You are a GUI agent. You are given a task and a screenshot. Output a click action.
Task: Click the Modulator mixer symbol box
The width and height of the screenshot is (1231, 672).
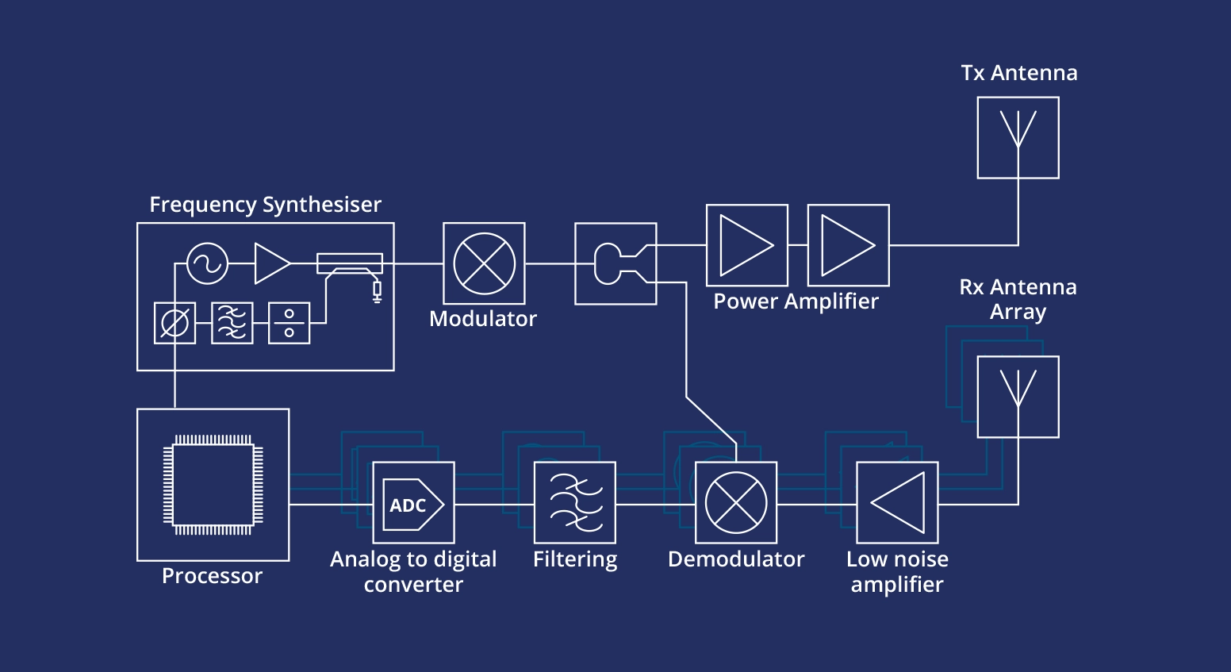tap(484, 263)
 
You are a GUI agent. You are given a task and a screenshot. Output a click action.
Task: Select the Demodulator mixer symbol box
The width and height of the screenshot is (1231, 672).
tap(736, 503)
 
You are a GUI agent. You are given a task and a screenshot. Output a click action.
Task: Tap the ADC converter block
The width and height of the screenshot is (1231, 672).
tap(413, 503)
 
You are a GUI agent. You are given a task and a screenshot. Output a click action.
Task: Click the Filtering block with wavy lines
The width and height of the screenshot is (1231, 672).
tap(575, 503)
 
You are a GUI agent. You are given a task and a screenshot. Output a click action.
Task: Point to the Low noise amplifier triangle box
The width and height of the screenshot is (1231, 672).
tap(897, 503)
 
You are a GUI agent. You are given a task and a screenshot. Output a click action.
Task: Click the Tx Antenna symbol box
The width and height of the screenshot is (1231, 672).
tap(1018, 137)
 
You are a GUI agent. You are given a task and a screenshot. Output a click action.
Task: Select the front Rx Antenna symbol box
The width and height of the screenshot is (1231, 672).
tap(1018, 397)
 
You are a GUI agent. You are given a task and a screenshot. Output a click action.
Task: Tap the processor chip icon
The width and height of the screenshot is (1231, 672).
tap(213, 485)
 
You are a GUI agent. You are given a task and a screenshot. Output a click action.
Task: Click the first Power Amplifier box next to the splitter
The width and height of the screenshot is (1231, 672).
tap(746, 245)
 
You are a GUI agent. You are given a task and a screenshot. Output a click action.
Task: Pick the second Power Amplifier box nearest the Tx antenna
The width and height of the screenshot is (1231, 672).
tap(848, 245)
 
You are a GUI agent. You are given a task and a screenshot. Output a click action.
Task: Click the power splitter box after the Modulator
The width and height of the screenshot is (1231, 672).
tap(615, 263)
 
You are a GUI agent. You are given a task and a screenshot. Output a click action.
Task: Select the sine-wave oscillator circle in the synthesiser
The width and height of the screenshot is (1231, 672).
tap(207, 263)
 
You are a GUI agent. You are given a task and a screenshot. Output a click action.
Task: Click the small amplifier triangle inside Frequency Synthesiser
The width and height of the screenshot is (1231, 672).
tap(271, 263)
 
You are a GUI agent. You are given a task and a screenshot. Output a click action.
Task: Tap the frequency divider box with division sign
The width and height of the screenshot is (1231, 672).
tap(289, 323)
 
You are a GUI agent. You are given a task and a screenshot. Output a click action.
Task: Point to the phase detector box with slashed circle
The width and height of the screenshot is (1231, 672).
tap(174, 323)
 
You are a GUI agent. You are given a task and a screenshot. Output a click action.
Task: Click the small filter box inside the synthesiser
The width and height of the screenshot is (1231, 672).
tap(232, 323)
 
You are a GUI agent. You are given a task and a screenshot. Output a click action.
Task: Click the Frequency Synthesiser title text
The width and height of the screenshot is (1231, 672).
tap(265, 205)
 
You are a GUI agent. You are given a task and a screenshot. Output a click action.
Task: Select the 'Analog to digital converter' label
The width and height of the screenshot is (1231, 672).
tap(413, 571)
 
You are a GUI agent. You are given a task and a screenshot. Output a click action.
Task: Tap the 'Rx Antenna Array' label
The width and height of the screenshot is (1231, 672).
tap(1018, 299)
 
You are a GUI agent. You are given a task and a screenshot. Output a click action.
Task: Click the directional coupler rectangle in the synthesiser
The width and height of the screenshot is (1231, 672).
tap(350, 263)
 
